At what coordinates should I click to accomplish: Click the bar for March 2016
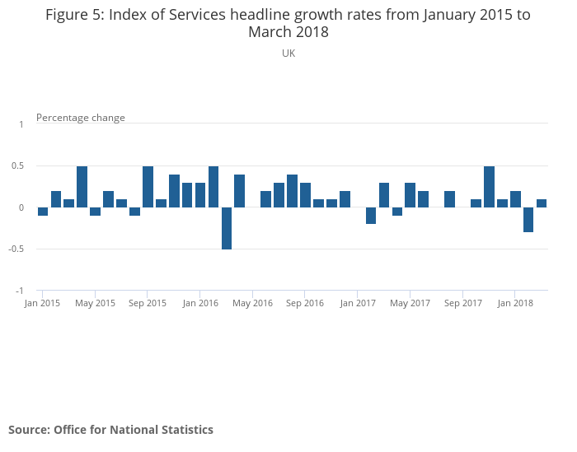(227, 228)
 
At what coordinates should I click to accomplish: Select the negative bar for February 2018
(528, 220)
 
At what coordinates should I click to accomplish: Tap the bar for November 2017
(489, 187)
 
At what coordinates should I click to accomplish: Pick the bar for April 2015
(82, 187)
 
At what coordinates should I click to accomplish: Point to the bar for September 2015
(148, 187)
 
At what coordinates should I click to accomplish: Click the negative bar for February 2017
(371, 216)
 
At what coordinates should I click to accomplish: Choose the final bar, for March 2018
(542, 203)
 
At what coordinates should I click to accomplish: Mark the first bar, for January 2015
(43, 212)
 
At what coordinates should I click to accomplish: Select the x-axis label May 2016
(252, 304)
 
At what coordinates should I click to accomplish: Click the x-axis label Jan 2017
(358, 304)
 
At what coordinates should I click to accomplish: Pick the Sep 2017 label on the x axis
(462, 304)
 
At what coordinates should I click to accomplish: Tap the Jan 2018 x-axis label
(515, 304)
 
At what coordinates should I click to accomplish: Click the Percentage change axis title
(81, 118)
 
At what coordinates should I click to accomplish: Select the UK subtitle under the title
(288, 54)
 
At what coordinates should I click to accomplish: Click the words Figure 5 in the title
(73, 15)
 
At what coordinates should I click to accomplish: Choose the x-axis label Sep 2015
(148, 304)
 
